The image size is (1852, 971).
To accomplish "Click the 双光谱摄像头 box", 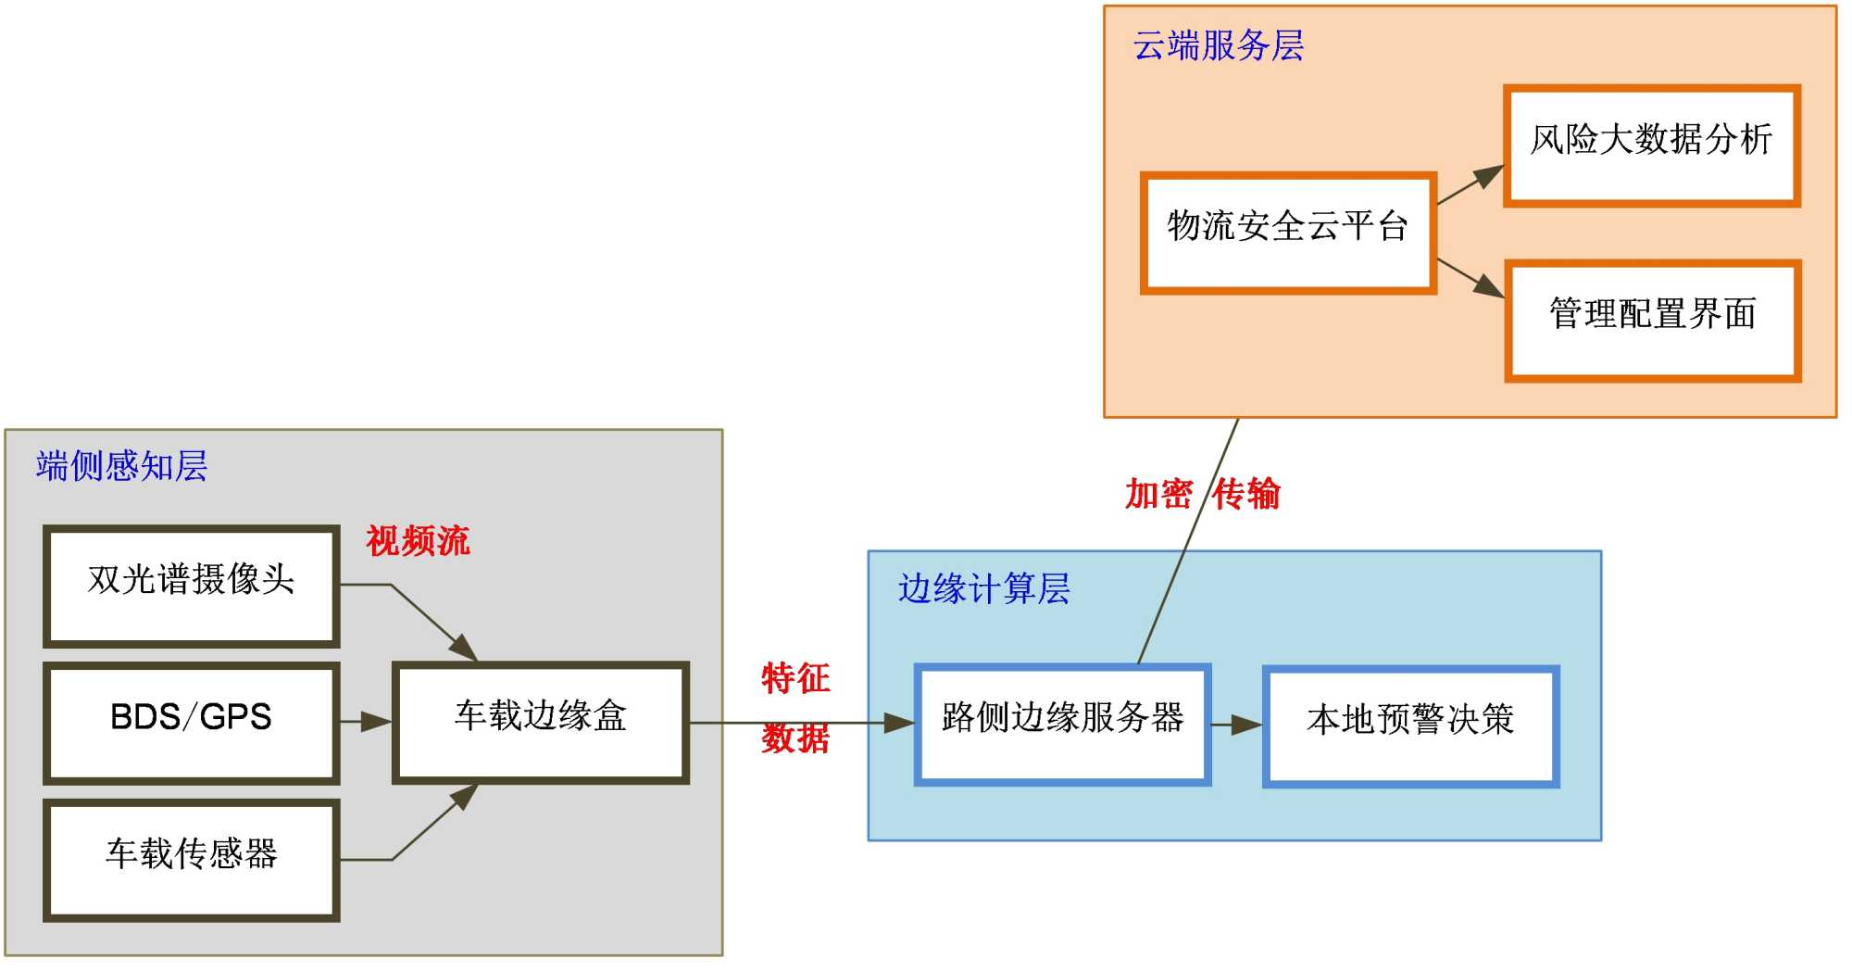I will point(192,586).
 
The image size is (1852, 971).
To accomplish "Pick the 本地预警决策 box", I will point(1410,726).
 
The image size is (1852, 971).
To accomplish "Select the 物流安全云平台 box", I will point(1288,233).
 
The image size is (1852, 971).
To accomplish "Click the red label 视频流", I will point(418,541).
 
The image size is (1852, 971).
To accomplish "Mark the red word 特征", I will point(795,678).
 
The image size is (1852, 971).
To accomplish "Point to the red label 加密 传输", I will point(1202,494).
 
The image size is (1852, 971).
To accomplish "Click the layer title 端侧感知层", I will point(121,466).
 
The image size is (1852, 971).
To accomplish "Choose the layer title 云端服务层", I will point(1218,45).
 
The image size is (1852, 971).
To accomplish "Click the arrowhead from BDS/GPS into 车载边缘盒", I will point(378,722).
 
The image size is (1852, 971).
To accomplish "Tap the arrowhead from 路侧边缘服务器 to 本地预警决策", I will point(1247,725).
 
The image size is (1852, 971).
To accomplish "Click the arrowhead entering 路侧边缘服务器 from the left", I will point(900,723).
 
